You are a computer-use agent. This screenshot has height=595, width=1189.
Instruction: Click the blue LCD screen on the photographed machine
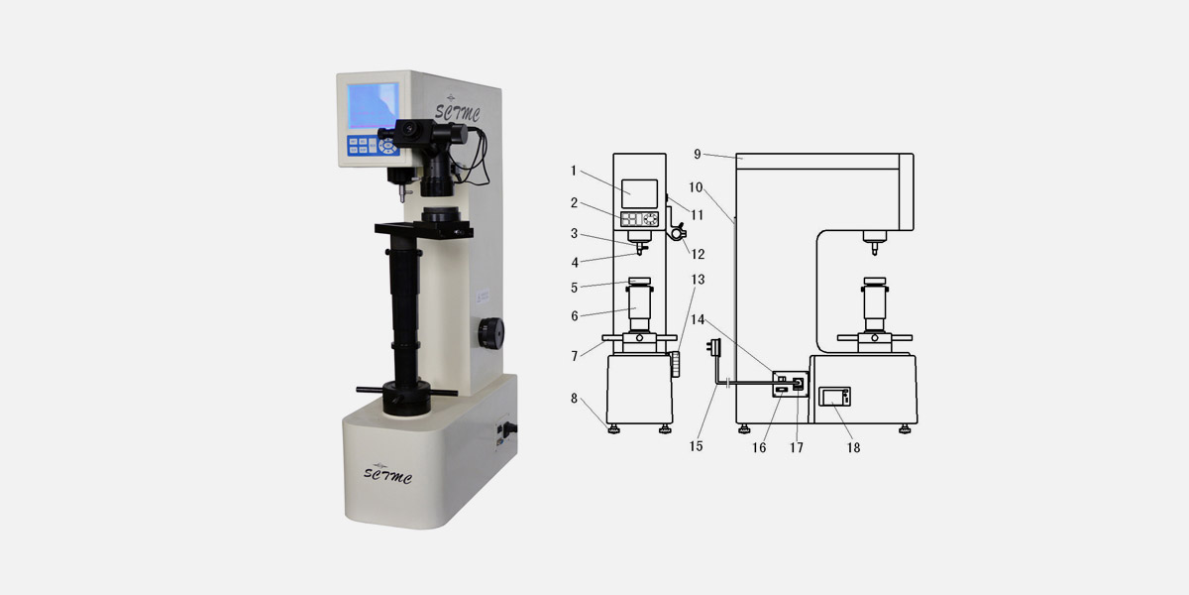[373, 106]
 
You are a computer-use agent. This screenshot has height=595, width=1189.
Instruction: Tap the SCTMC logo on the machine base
[387, 474]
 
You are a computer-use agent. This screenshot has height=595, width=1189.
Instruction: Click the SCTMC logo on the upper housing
[457, 110]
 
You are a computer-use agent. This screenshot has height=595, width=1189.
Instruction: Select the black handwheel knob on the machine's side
[491, 333]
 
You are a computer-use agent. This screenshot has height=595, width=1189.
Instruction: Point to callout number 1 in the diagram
[574, 171]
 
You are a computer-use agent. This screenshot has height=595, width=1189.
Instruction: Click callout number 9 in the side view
[698, 154]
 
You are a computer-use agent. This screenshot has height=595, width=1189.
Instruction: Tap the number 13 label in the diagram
[698, 280]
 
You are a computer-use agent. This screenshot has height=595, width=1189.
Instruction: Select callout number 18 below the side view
[853, 448]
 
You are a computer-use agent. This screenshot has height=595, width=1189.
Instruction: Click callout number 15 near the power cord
[696, 446]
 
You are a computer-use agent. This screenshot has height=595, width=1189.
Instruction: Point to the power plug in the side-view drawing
[714, 348]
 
